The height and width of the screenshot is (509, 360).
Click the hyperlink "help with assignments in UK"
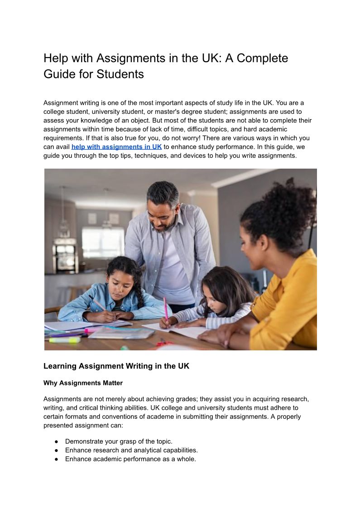(x=116, y=146)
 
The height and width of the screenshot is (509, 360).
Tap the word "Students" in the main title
(x=120, y=74)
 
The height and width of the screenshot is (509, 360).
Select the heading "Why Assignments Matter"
(x=83, y=383)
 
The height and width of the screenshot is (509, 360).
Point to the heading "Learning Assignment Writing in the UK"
(x=116, y=366)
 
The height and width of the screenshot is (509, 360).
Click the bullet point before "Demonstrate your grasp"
(x=57, y=441)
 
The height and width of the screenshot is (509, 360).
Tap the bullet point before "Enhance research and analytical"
(x=57, y=451)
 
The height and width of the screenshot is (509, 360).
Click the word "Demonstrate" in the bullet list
(x=85, y=441)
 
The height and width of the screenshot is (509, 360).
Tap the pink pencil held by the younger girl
(x=165, y=308)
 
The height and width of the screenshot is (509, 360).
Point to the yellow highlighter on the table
(x=64, y=339)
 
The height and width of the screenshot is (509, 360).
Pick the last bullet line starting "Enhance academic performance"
(x=130, y=459)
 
